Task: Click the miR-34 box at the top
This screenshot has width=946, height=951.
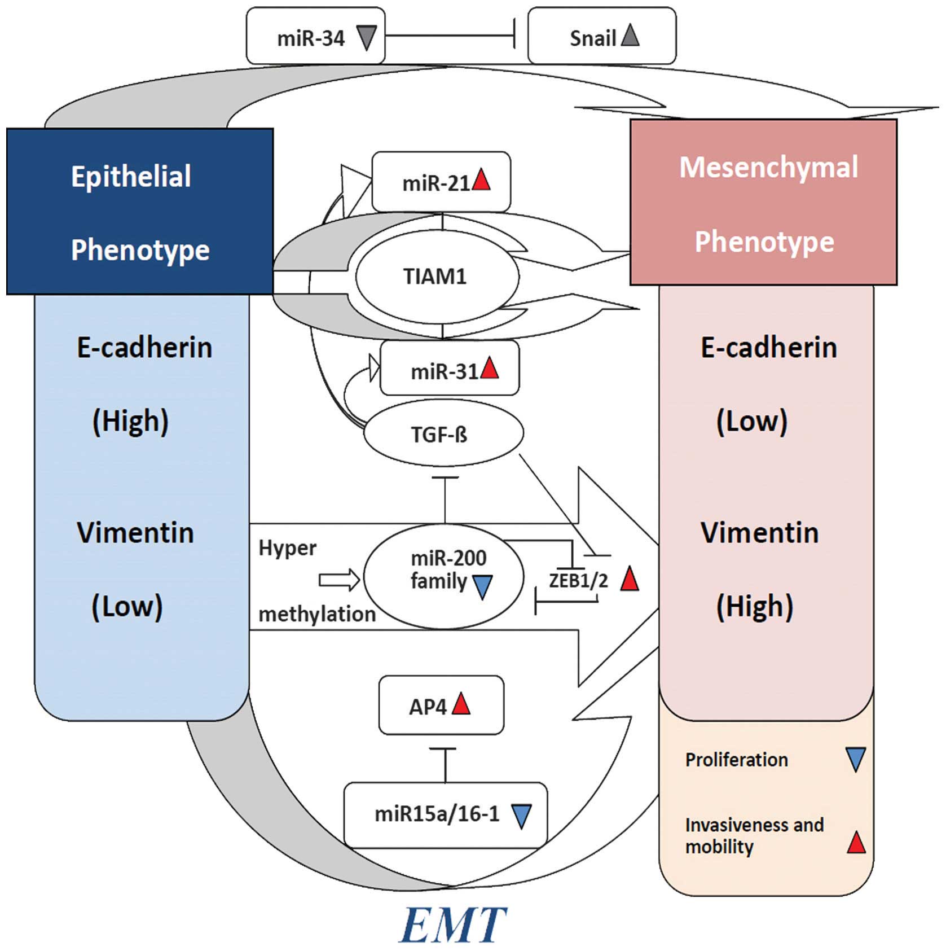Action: (315, 36)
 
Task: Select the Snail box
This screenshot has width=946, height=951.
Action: (601, 36)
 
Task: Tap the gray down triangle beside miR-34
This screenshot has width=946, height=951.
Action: (367, 38)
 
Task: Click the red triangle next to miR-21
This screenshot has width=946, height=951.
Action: (481, 181)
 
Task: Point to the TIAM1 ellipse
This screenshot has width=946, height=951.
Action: (437, 277)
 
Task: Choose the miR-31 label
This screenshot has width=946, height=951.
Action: (445, 372)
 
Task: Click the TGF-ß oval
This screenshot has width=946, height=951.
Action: (443, 433)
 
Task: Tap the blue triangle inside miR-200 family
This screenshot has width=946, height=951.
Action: (482, 586)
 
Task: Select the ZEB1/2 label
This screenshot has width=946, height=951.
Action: (578, 580)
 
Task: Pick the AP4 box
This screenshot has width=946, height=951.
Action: (441, 705)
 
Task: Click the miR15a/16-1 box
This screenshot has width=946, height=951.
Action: (445, 814)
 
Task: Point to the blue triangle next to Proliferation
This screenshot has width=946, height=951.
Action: (856, 759)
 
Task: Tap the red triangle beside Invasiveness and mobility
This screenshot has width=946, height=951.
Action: (856, 843)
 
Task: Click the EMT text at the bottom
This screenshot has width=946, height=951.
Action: (453, 924)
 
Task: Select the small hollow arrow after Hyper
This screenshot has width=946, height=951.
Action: (339, 580)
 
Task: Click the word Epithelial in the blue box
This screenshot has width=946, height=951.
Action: (131, 176)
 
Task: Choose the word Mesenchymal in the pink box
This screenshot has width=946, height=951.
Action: (768, 167)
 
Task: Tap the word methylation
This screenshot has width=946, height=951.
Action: (317, 614)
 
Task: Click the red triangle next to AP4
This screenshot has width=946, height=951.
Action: (461, 704)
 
